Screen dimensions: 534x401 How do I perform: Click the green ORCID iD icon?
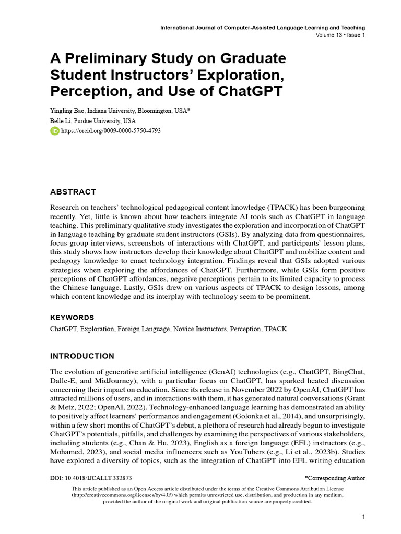point(54,131)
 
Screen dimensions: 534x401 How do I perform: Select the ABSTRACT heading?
point(73,192)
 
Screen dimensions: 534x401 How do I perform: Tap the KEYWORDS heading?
point(72,317)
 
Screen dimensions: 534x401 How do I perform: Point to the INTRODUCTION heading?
point(82,356)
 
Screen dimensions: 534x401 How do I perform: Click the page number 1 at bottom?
point(363,517)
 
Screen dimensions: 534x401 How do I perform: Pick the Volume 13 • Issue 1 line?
point(340,35)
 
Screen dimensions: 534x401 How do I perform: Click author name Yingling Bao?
point(70,111)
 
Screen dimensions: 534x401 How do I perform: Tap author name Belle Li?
point(62,121)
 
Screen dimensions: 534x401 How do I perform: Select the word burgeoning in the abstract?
point(341,208)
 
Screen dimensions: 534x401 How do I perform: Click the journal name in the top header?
point(263,27)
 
